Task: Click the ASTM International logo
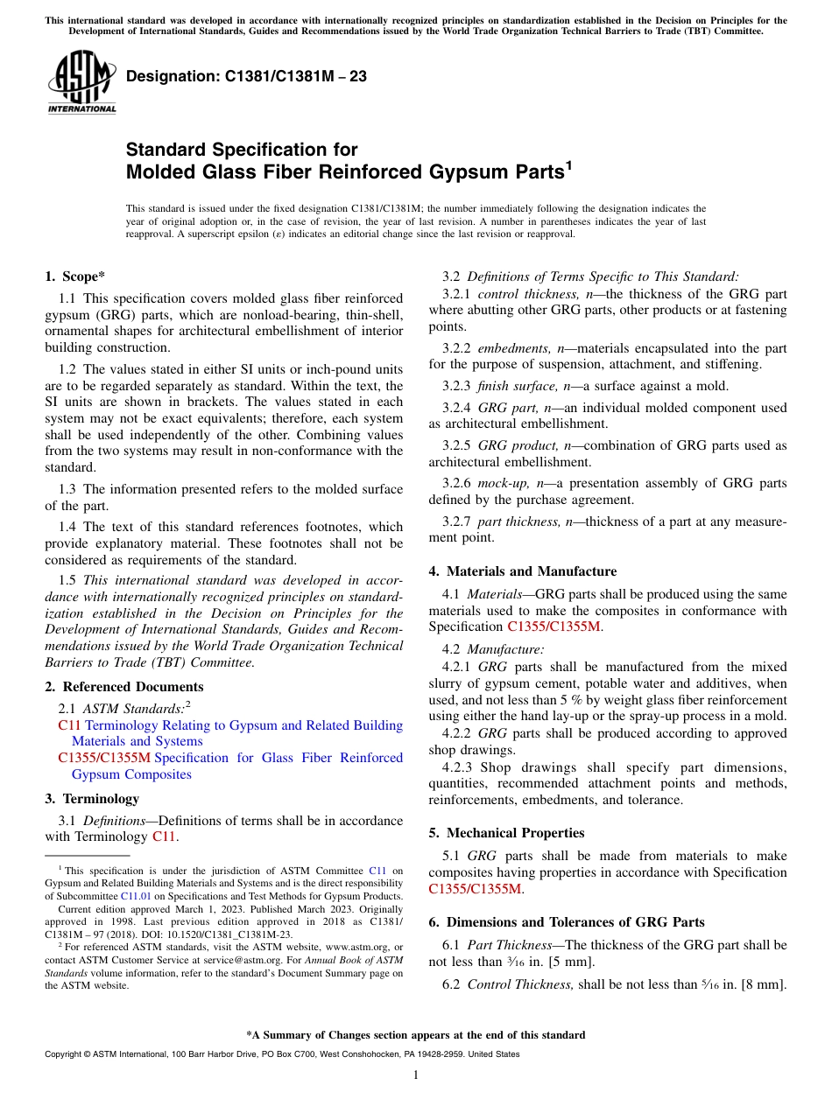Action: [81, 81]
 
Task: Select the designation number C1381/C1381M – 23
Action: [246, 76]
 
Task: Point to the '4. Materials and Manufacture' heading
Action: [522, 571]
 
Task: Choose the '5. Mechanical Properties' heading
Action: [506, 833]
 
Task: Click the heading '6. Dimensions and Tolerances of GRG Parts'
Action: [567, 922]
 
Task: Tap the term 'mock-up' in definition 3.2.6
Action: [499, 483]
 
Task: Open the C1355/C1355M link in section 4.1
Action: [553, 626]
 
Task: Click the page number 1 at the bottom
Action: [416, 1075]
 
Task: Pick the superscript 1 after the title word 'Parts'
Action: [568, 165]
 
